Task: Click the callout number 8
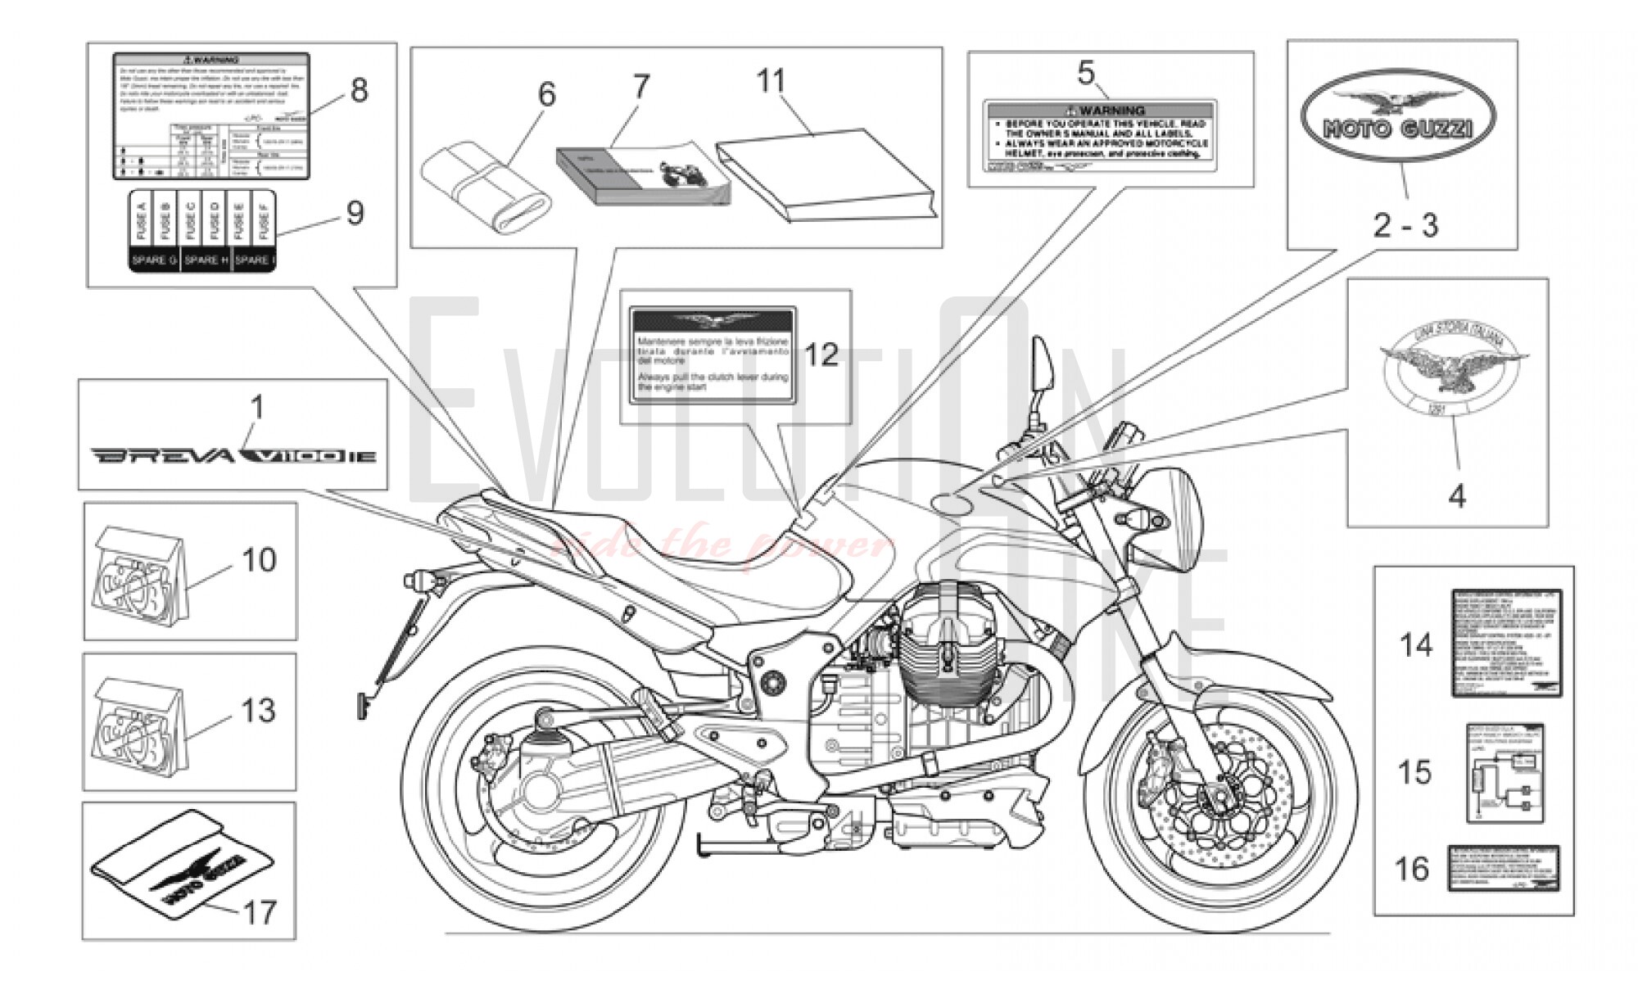pos(359,90)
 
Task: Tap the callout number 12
pos(821,355)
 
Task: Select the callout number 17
pos(260,912)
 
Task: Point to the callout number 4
pos(1457,496)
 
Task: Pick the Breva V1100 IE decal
pos(233,454)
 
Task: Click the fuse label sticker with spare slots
pos(202,232)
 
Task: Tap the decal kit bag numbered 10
pos(139,581)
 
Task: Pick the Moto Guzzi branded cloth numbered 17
pos(182,868)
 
